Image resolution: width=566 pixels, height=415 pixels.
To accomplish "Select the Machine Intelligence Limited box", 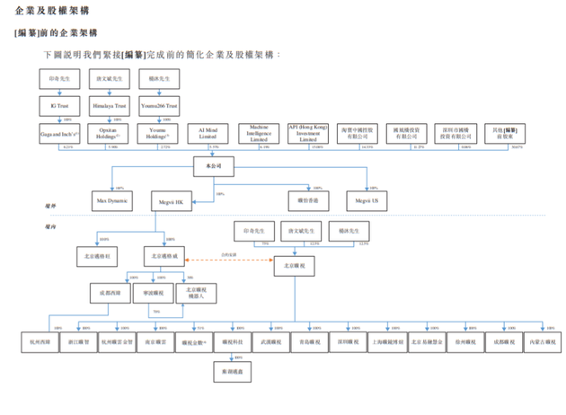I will (259, 133).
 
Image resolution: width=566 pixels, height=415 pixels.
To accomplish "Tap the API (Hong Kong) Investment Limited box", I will (307, 133).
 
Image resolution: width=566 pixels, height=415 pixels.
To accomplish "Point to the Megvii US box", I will (366, 200).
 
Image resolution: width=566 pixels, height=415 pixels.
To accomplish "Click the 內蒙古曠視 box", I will (539, 341).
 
